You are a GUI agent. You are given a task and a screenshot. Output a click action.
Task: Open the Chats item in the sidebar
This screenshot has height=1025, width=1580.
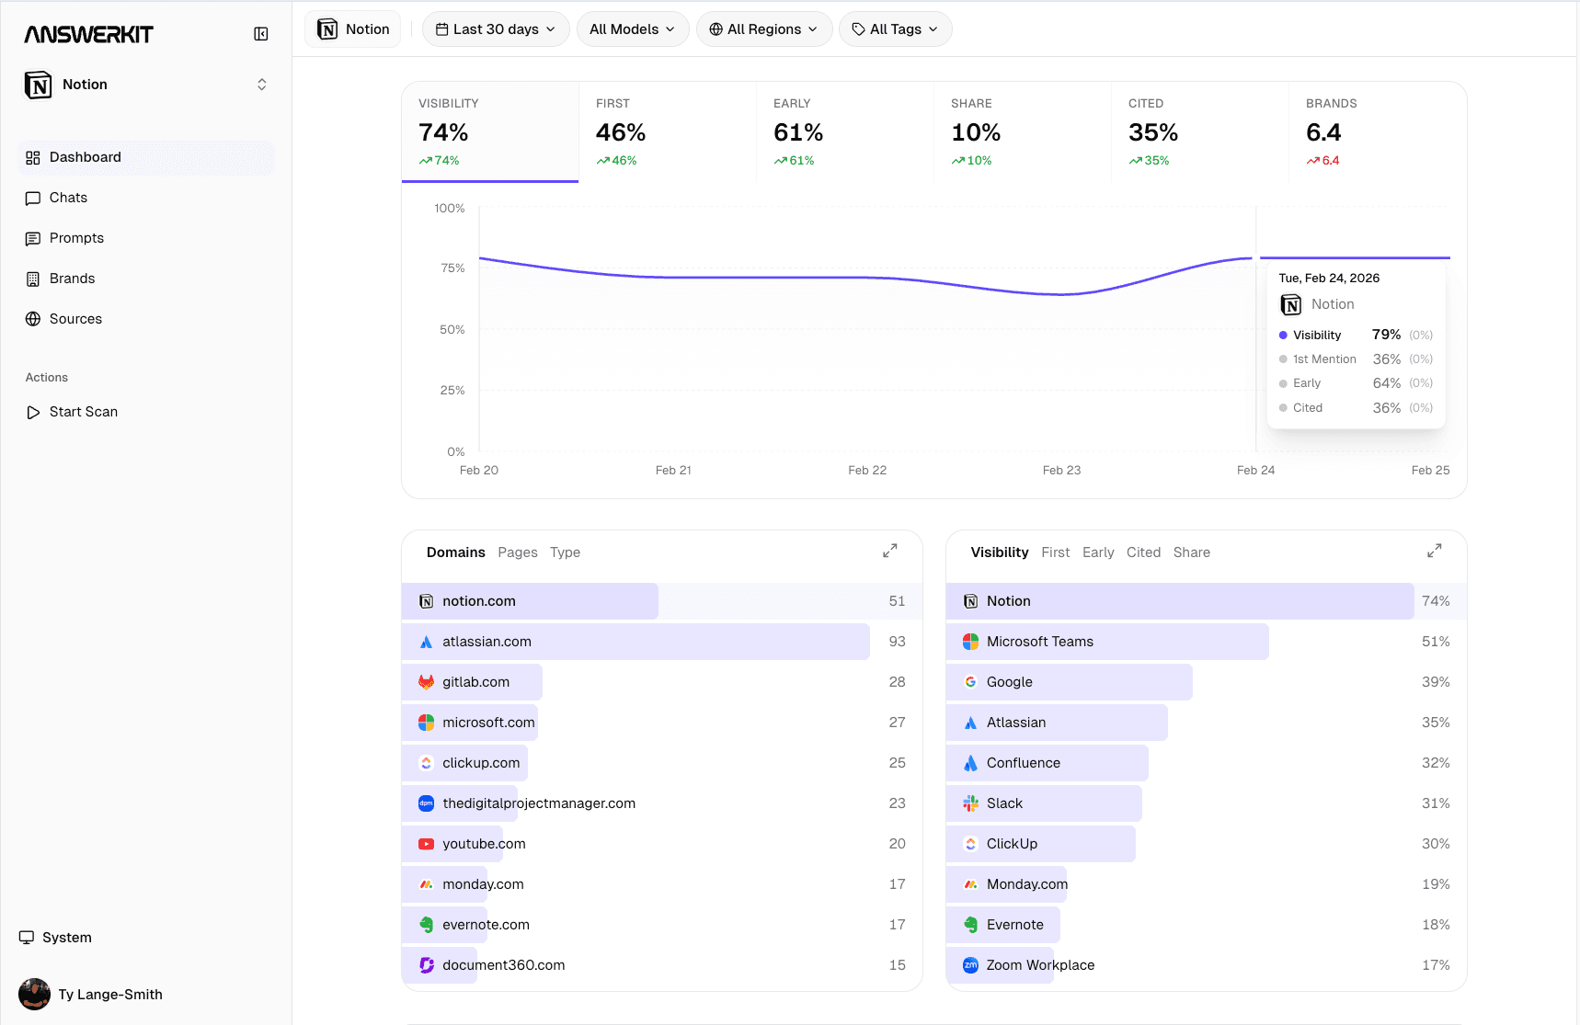click(68, 198)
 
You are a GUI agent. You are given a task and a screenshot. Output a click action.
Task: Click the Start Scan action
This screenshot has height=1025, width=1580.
click(83, 412)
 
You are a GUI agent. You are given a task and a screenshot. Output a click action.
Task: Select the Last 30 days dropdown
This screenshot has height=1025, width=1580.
click(496, 29)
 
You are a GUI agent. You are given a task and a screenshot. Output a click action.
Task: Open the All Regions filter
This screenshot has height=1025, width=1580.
click(763, 29)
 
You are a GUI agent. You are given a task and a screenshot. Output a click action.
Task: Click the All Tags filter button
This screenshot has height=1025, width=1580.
click(895, 29)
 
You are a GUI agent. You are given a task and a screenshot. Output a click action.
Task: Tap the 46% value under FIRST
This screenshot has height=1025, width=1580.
click(621, 132)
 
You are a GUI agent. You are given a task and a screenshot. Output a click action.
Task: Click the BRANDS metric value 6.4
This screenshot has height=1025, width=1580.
click(1323, 132)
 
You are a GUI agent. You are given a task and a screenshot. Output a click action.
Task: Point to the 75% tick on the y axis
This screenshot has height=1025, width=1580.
click(452, 268)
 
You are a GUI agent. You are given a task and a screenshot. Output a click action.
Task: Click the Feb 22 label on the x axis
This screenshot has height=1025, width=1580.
click(867, 470)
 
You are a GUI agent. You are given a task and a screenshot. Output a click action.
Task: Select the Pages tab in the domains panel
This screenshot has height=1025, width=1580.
click(518, 552)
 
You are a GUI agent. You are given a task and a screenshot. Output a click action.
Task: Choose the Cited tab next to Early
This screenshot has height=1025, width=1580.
click(1143, 552)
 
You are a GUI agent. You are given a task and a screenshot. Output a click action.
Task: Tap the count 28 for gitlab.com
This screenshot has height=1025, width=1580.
click(897, 682)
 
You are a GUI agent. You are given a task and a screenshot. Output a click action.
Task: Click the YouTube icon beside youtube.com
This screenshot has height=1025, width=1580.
click(426, 844)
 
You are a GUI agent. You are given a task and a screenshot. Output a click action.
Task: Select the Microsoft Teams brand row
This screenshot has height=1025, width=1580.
click(1039, 642)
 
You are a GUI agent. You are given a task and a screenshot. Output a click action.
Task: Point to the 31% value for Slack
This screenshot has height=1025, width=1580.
click(1435, 803)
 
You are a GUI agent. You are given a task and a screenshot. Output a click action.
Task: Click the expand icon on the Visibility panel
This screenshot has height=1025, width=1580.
click(1434, 551)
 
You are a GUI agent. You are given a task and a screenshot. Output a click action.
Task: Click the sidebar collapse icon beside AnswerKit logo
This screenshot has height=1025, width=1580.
click(261, 34)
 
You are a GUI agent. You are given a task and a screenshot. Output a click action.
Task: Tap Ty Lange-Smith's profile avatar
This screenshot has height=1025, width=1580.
click(35, 994)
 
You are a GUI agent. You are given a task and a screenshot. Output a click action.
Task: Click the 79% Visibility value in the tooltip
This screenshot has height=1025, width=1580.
click(1386, 335)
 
